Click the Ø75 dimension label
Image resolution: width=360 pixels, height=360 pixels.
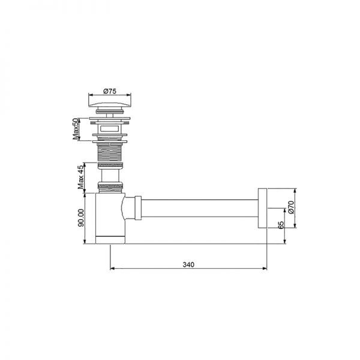109,91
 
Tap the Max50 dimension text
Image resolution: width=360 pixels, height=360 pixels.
76,128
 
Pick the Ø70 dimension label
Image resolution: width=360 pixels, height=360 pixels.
290,208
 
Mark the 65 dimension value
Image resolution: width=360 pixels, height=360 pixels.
281,226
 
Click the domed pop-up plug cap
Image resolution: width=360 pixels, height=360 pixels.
109,104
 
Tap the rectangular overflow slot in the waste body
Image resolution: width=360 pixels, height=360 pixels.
109,128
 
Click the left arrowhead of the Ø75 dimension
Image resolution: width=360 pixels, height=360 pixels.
91,95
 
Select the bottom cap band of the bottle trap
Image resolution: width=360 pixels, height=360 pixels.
109,239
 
